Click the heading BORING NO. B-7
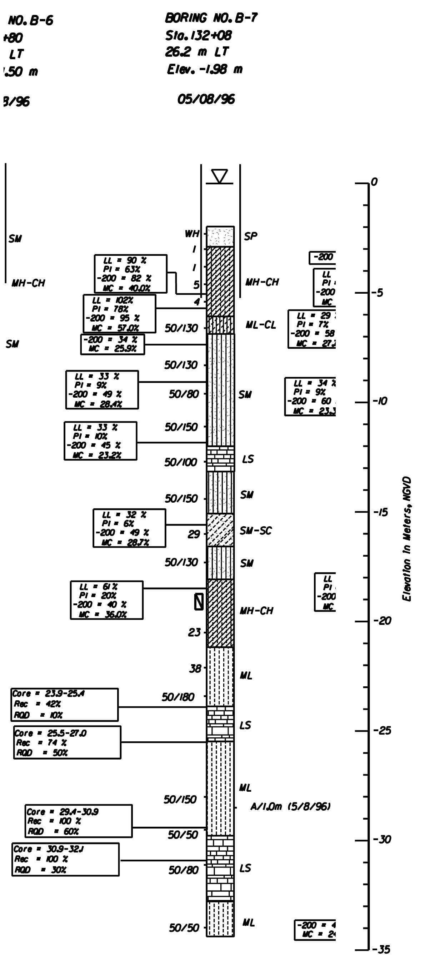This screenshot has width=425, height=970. (x=211, y=18)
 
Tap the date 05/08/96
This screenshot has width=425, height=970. (x=206, y=99)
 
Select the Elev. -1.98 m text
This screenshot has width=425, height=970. (x=205, y=69)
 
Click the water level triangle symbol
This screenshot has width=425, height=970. (x=219, y=176)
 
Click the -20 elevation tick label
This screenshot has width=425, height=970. (x=382, y=620)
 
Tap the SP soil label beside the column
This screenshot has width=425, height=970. (x=251, y=236)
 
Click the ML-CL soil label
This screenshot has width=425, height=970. (x=260, y=325)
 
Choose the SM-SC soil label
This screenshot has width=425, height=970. (x=256, y=531)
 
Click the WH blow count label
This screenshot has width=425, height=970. (x=192, y=234)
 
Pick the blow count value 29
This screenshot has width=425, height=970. (x=194, y=534)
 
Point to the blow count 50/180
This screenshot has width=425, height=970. (x=178, y=697)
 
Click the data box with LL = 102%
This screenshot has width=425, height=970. (x=119, y=314)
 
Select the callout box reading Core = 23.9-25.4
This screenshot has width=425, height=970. (x=64, y=705)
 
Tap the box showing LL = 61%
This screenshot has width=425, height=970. (x=106, y=600)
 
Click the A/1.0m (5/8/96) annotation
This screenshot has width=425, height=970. (x=290, y=806)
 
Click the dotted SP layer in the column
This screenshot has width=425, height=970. (x=220, y=237)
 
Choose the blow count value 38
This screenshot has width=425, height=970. (x=195, y=668)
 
